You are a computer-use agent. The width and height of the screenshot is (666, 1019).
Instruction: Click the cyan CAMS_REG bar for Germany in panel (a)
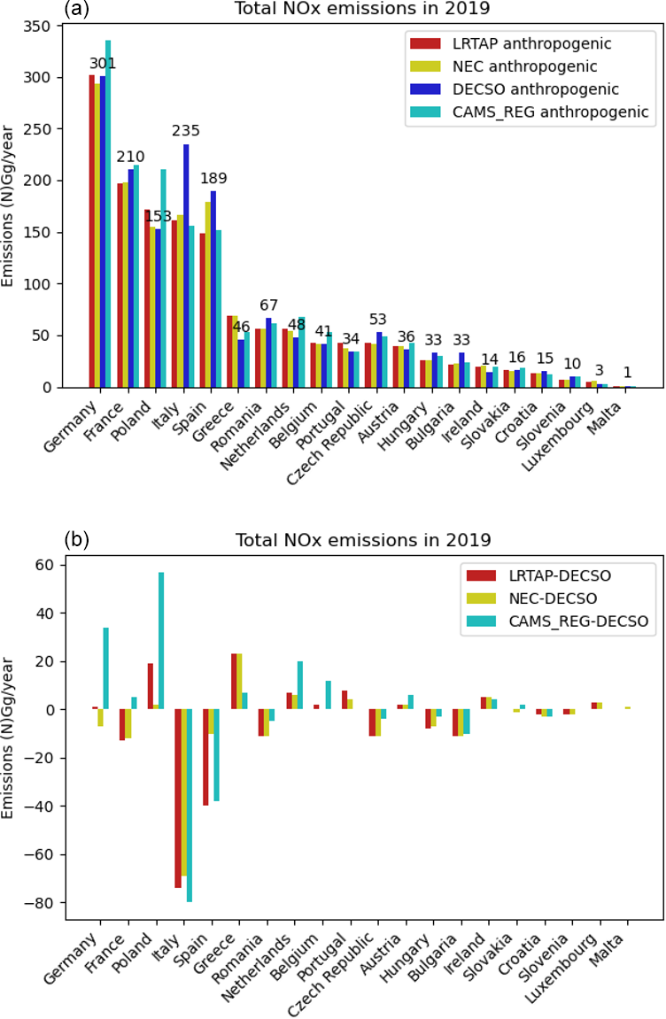[108, 212]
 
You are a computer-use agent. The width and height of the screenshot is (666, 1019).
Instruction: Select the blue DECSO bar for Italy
[186, 266]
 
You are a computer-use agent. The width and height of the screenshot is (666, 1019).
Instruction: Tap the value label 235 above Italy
[186, 131]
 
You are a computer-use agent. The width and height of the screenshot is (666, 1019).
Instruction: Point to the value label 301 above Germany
[102, 64]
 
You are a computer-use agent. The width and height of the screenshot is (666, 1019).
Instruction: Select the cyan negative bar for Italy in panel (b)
[189, 806]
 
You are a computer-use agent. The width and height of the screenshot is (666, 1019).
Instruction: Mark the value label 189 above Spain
[213, 179]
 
